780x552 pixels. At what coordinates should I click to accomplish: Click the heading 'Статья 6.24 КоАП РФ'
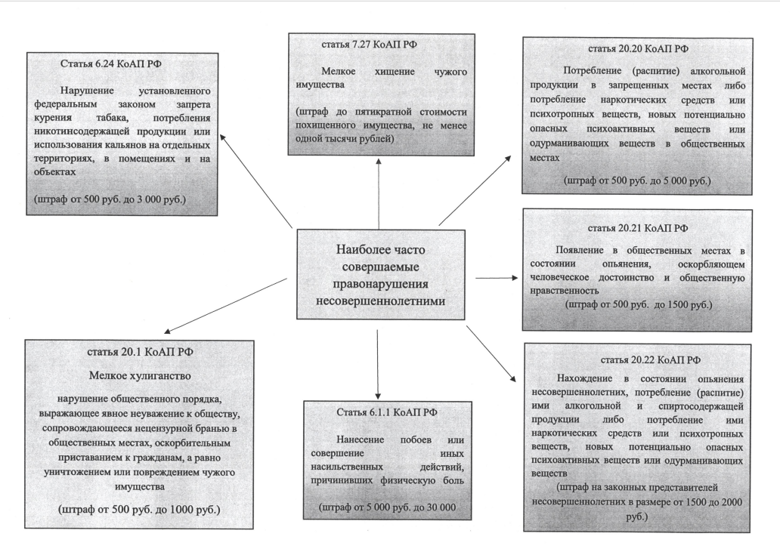point(111,63)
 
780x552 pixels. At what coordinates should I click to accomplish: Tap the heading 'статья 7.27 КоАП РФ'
point(369,45)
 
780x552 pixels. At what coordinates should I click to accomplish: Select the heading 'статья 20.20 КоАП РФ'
point(638,48)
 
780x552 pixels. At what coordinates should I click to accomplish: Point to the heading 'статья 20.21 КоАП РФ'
point(638,228)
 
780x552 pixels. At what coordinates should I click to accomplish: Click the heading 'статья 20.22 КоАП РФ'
point(651,359)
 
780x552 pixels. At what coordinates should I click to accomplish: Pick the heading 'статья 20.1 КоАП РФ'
point(141,352)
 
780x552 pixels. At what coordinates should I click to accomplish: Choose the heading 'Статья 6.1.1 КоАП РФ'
point(387,412)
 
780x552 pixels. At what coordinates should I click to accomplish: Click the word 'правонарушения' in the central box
point(380,284)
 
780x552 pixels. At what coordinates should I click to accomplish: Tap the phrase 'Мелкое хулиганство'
point(140,375)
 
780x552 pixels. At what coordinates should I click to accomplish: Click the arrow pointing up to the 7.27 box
point(379,194)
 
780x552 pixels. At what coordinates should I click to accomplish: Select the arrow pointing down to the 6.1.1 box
point(378,364)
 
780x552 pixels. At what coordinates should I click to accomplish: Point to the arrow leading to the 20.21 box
point(497,278)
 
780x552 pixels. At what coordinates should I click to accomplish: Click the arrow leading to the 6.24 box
point(255,180)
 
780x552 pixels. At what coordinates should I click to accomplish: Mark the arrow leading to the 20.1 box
point(225,306)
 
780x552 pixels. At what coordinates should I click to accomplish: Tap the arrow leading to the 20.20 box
point(475,190)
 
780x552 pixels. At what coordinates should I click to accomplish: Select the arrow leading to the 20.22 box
point(491,353)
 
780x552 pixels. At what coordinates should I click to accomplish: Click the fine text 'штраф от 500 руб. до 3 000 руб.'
point(110,199)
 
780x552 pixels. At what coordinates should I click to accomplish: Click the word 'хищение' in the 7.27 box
point(395,72)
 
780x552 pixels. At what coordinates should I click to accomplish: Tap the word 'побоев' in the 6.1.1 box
point(416,439)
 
